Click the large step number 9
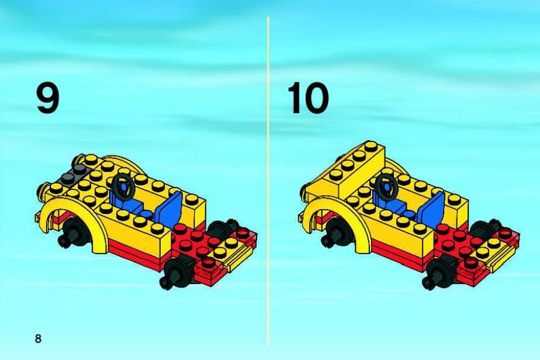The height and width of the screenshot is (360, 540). [48, 99]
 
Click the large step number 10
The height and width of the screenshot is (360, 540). [308, 99]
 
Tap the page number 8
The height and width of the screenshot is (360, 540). [38, 338]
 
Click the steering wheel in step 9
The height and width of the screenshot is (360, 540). [124, 186]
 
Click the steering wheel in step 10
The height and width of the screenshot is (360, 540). [386, 186]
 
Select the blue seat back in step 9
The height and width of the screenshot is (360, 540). [169, 207]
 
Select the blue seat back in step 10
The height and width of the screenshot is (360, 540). [432, 207]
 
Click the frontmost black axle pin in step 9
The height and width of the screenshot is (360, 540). [176, 273]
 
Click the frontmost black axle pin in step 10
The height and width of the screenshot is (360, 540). [438, 273]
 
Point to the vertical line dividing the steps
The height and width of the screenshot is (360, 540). [268, 180]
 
